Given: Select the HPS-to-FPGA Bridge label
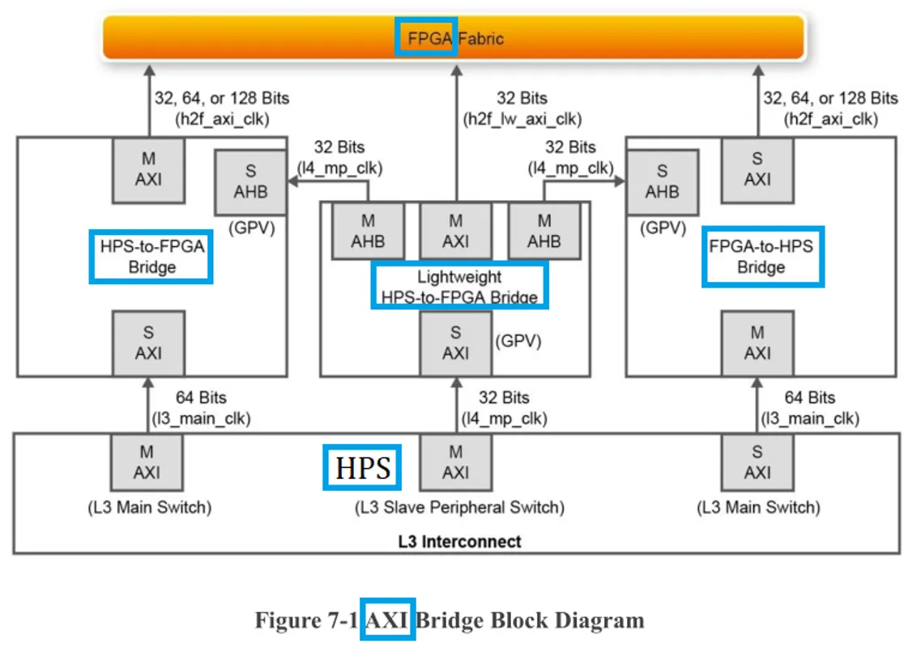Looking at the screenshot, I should (x=151, y=256).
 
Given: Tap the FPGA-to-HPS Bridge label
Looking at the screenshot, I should (x=761, y=256).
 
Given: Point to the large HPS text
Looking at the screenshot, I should (x=363, y=467).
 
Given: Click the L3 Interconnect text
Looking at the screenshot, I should (x=459, y=541).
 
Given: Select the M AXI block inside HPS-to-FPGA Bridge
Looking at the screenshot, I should (x=148, y=168).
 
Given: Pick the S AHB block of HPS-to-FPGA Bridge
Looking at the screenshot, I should (x=249, y=181).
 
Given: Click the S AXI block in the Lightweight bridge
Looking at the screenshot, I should (x=455, y=343).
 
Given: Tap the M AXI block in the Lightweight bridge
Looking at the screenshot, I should (x=455, y=231).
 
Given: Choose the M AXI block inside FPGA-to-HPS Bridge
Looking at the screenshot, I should (x=757, y=343).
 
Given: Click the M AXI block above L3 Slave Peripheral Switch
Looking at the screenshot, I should (x=455, y=462).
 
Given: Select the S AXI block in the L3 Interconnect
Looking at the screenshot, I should (x=757, y=462).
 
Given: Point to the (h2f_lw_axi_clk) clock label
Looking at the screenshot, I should (x=522, y=118).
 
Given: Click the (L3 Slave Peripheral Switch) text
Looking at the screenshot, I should (x=459, y=508).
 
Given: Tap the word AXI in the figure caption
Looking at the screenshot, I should (x=387, y=620).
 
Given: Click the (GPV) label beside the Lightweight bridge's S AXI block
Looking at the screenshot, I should (x=518, y=341).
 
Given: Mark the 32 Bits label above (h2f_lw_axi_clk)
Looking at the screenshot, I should (x=522, y=98).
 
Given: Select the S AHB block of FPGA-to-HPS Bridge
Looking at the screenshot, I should (x=662, y=181).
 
